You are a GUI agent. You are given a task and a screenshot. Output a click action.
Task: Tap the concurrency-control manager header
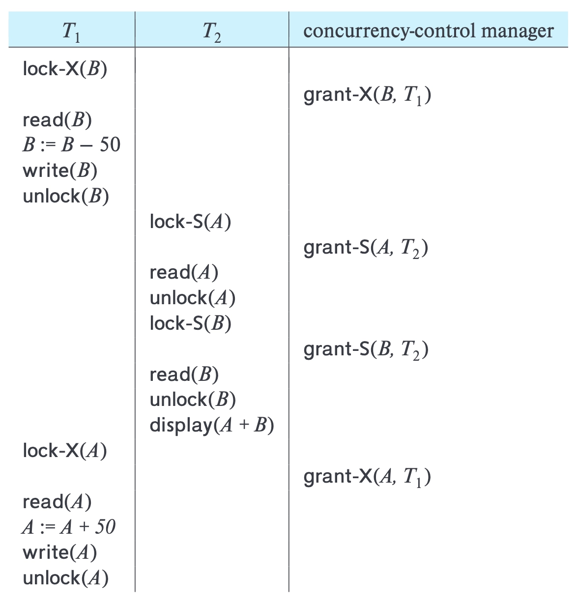(429, 31)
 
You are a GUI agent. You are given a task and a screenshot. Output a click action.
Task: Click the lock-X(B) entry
(65, 69)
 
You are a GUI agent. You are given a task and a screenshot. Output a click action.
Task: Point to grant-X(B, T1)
(367, 95)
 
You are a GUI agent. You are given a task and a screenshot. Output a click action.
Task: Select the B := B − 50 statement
(71, 144)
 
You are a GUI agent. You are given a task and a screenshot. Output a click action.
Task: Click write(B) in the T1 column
(60, 171)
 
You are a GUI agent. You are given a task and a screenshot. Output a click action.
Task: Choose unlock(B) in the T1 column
(66, 196)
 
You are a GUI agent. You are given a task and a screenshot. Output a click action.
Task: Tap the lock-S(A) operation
(190, 222)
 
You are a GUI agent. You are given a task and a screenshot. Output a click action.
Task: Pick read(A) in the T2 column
(184, 272)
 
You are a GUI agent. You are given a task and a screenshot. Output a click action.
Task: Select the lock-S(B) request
(191, 323)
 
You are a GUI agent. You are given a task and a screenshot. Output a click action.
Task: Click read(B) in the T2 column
(184, 374)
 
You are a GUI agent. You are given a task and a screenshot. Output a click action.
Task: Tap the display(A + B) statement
(212, 426)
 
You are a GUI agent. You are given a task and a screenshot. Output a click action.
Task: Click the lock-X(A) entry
(65, 451)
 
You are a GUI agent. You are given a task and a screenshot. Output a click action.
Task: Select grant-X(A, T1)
(367, 477)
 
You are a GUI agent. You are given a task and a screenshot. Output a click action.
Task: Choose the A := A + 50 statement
(68, 527)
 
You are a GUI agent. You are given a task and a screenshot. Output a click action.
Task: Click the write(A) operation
(60, 553)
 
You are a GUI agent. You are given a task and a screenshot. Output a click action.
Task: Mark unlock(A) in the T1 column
(66, 578)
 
